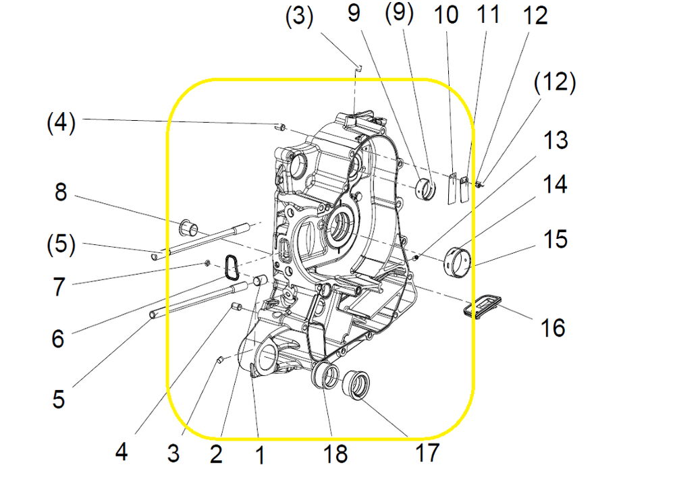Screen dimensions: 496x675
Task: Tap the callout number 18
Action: coord(335,453)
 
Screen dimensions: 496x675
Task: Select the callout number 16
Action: coord(552,328)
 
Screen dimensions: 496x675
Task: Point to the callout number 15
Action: coord(556,240)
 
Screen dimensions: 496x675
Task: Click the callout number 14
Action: coord(556,184)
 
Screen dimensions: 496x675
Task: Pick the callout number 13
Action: coord(556,141)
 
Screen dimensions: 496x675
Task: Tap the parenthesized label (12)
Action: coord(555,84)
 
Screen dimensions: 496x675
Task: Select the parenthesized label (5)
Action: coord(61,244)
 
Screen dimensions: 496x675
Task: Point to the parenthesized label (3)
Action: coord(299,17)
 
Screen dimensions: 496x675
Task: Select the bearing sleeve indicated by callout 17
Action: coord(356,385)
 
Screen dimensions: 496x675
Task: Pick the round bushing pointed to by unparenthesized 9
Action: coord(427,187)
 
